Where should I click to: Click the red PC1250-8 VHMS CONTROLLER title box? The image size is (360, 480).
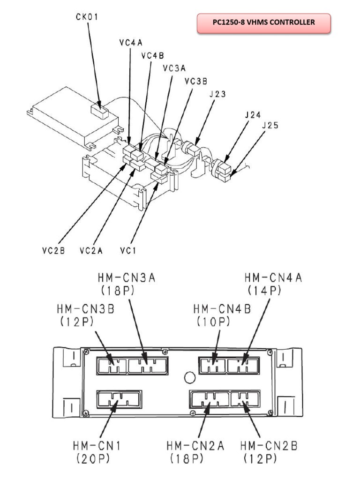(263, 23)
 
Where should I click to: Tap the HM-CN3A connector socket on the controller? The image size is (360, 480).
(147, 366)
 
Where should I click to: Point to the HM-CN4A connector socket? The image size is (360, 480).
(243, 365)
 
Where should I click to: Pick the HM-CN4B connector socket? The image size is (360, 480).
(213, 365)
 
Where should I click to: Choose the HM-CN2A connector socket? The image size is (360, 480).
(209, 399)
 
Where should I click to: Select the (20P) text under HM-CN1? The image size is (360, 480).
(94, 459)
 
